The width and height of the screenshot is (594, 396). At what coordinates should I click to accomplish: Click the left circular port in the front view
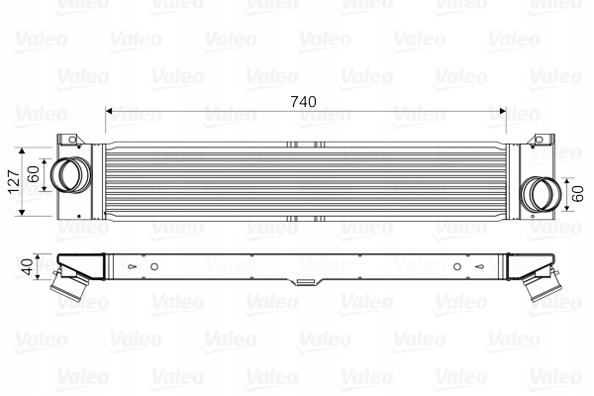pos(68,176)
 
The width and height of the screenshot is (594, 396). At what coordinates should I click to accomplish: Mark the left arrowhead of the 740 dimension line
pos(109,111)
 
